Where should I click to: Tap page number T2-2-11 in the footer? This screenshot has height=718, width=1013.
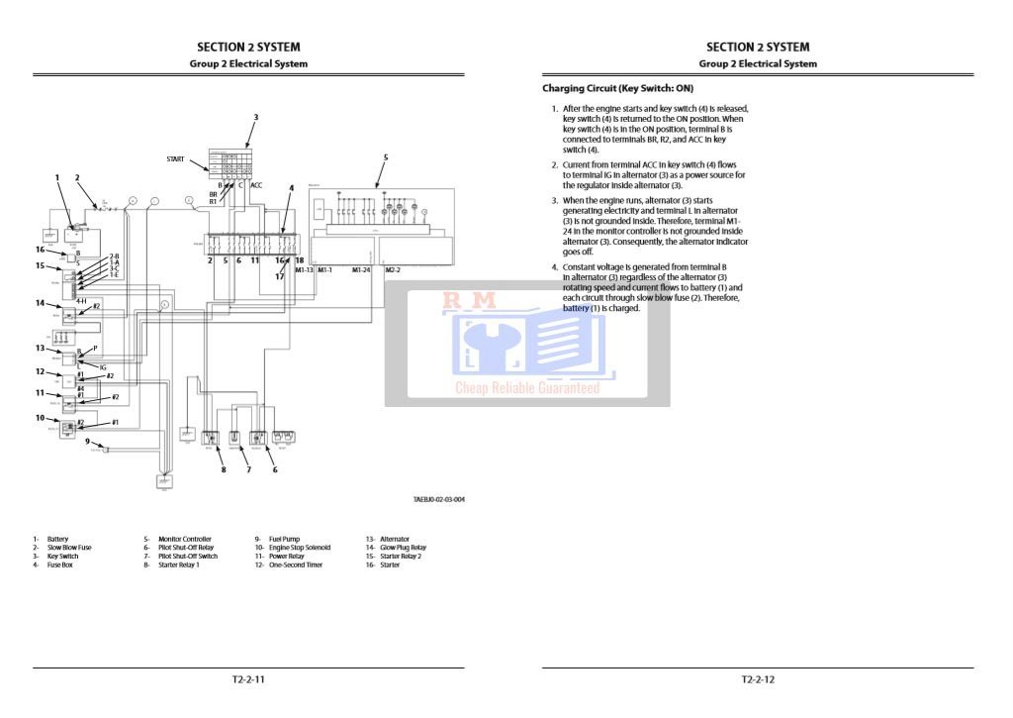pyautogui.click(x=248, y=679)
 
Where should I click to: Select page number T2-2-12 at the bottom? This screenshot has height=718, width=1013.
pyautogui.click(x=758, y=679)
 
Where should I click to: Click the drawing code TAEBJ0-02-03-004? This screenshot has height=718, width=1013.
pyautogui.click(x=439, y=499)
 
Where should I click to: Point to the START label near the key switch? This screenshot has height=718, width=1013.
pyautogui.click(x=175, y=158)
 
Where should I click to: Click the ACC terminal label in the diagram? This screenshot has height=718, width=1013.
pyautogui.click(x=256, y=185)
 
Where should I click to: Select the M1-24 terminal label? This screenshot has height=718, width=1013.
pyautogui.click(x=361, y=269)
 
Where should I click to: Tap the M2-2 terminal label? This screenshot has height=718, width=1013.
pyautogui.click(x=392, y=269)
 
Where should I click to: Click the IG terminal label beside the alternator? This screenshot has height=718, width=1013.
pyautogui.click(x=103, y=366)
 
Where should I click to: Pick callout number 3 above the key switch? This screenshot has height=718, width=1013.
pyautogui.click(x=255, y=118)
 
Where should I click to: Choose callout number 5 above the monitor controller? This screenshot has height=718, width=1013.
pyautogui.click(x=385, y=157)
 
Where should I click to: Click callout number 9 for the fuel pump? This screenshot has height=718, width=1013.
pyautogui.click(x=87, y=442)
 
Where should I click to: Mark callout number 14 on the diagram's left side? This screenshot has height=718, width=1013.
pyautogui.click(x=41, y=303)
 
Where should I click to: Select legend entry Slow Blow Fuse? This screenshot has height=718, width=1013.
pyautogui.click(x=69, y=548)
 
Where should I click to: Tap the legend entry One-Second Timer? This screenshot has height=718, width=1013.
pyautogui.click(x=295, y=565)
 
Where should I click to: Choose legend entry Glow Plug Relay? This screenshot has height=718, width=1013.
pyautogui.click(x=403, y=548)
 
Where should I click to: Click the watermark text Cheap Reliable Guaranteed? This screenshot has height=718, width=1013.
pyautogui.click(x=527, y=388)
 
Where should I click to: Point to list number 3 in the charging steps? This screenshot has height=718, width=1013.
pyautogui.click(x=555, y=200)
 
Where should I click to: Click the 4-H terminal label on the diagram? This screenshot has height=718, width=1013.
pyautogui.click(x=81, y=300)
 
